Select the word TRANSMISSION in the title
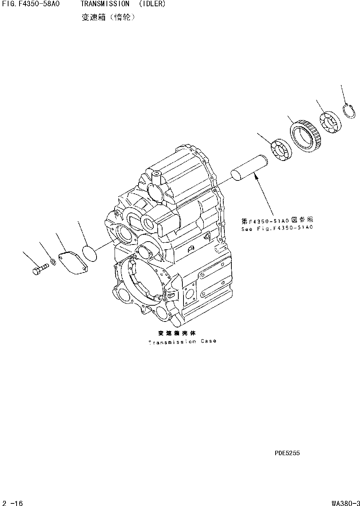tap(105, 4)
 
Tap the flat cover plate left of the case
tap(74, 262)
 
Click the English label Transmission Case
tap(182, 342)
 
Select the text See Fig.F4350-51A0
tap(277, 228)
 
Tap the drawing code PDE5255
tap(287, 453)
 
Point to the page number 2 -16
tap(13, 503)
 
